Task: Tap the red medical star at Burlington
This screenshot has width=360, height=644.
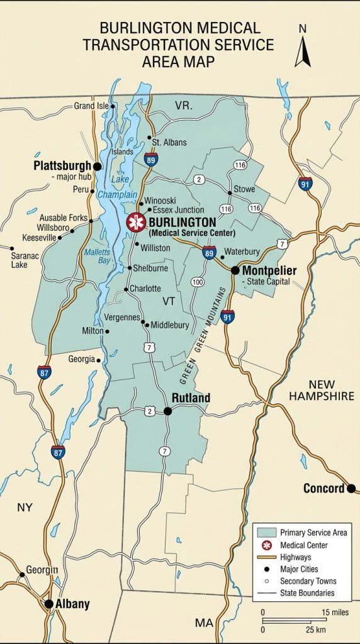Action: (x=136, y=222)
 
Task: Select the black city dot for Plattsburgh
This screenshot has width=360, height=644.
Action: (x=98, y=166)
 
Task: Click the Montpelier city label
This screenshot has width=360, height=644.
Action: (x=269, y=270)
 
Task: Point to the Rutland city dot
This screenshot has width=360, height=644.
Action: (x=168, y=411)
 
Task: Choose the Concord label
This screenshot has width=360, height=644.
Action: (x=323, y=489)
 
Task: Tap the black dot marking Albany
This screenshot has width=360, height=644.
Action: (x=48, y=604)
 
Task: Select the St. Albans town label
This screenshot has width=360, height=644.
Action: (x=169, y=142)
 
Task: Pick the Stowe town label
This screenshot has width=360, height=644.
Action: (x=244, y=189)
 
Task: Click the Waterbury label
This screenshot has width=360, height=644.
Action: (x=242, y=250)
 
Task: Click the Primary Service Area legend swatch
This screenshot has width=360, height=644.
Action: (x=266, y=533)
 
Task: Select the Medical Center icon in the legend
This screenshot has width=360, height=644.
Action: (x=266, y=545)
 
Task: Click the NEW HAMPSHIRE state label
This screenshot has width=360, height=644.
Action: (x=322, y=390)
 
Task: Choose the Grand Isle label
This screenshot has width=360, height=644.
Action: (x=91, y=106)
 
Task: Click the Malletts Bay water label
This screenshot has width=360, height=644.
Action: (x=97, y=256)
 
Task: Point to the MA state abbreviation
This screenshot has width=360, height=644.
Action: (x=203, y=623)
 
